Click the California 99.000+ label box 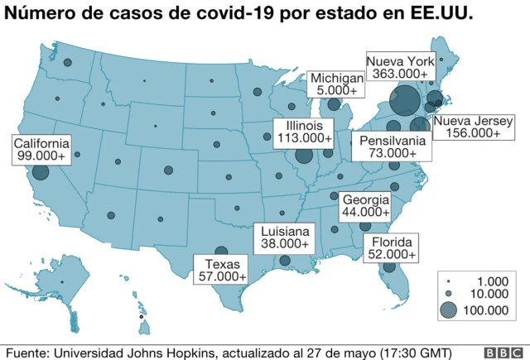(x=40, y=149)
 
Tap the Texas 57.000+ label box (x=220, y=270)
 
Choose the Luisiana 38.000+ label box (x=285, y=238)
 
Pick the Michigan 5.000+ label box (x=336, y=84)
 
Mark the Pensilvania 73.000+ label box (x=392, y=146)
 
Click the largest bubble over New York (x=404, y=102)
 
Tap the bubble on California (x=41, y=174)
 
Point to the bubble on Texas (x=221, y=252)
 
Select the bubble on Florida (x=389, y=267)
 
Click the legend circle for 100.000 (x=448, y=310)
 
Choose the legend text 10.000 (x=484, y=294)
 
